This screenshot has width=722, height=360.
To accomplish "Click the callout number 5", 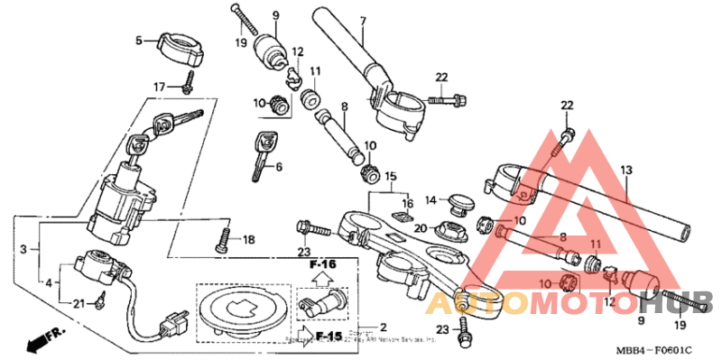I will (x=139, y=41).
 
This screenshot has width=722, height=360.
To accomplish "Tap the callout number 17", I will (x=159, y=87).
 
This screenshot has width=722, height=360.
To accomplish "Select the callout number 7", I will (x=362, y=21).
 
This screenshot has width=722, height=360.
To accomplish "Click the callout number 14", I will (x=431, y=199).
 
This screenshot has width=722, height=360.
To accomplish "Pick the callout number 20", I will (x=421, y=227).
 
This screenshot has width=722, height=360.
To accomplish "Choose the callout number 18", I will (x=249, y=239).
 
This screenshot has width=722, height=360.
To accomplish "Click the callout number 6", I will (x=279, y=166).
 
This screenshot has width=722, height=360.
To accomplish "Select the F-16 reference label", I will (x=322, y=265).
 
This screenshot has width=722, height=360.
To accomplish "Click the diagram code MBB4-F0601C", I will (x=657, y=349).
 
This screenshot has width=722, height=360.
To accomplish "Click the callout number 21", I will (x=79, y=303).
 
